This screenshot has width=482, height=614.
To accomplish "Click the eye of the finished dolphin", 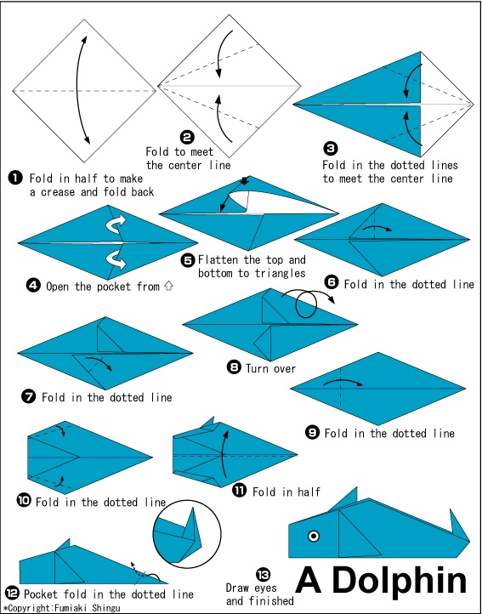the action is (x=314, y=536).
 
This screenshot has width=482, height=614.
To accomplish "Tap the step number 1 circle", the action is (x=15, y=179).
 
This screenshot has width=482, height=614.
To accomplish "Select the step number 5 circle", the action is (x=189, y=260).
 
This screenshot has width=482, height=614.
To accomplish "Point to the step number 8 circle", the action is (x=234, y=367).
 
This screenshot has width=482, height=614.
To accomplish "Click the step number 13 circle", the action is (x=263, y=575).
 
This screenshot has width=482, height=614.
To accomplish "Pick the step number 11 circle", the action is (x=240, y=490).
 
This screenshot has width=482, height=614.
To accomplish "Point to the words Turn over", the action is (x=271, y=367).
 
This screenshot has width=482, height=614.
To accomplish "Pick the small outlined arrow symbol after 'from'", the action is (x=168, y=287).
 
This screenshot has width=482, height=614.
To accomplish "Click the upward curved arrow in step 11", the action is (x=224, y=454).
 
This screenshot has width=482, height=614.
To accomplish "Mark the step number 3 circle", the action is (x=331, y=149).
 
